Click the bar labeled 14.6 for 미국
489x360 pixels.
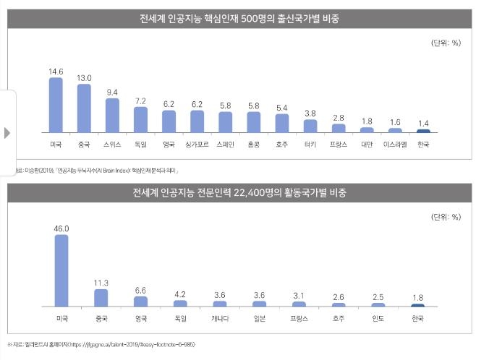[56, 105]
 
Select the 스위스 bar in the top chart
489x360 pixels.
[112, 116]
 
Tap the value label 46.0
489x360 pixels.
[61, 228]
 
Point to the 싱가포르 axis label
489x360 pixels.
[197, 145]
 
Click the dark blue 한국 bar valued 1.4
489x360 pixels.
[424, 131]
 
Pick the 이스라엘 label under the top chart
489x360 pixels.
[395, 145]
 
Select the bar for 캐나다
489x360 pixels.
[220, 304]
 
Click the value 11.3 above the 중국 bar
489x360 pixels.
[101, 283]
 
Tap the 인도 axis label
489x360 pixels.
[378, 318]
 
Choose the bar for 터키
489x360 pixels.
[310, 126]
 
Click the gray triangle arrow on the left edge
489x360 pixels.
[7, 133]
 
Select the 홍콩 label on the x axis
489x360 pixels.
[253, 145]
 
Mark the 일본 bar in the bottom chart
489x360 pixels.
[259, 304]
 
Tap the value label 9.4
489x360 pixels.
[112, 93]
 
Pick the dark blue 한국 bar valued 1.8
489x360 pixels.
[417, 305]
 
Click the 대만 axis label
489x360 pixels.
[367, 145]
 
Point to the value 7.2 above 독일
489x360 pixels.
[140, 100]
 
